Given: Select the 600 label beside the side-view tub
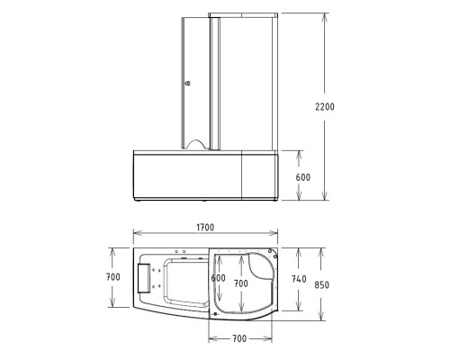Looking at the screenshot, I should [302, 177].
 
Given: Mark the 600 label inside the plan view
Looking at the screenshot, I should [218, 278].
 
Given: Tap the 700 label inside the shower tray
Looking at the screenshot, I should [240, 283].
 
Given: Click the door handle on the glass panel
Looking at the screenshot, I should [188, 82].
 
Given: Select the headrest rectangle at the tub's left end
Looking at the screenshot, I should [144, 278].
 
